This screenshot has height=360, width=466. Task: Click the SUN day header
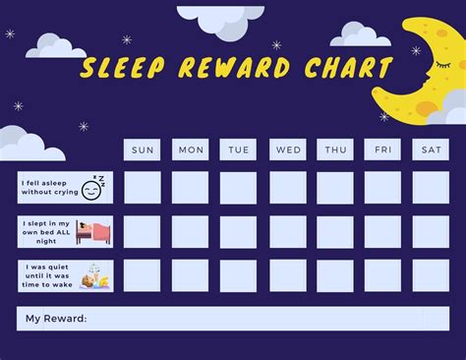coord(143,150)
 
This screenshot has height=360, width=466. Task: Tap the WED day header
coord(288,150)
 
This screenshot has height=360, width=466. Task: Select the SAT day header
coord(431,150)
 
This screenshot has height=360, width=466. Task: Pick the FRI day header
coord(382,150)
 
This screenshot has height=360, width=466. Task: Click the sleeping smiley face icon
coord(91,189)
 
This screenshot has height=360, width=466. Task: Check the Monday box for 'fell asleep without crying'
coord(191,188)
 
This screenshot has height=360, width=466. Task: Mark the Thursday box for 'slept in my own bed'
coord(335,232)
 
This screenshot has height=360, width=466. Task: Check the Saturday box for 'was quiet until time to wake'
coord(431,275)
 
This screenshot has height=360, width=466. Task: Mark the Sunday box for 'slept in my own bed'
coord(143,232)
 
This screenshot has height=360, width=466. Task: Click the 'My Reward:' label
coord(56,319)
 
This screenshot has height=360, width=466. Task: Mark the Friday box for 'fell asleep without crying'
coord(382,188)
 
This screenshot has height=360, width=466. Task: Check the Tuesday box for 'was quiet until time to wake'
coord(238,275)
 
